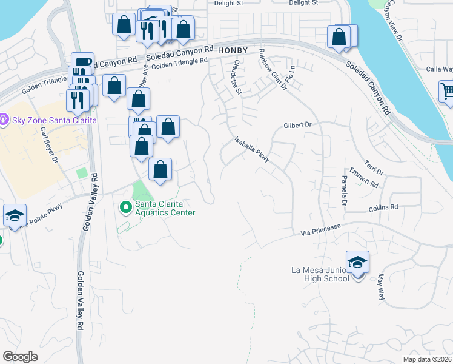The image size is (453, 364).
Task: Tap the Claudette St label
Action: pos(236,77)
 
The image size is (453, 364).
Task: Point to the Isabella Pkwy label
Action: pos(252,149)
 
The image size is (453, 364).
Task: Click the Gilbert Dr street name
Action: pos(297,125)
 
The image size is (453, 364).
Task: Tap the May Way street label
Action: pos(381,286)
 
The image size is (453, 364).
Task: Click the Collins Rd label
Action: pos(383,207)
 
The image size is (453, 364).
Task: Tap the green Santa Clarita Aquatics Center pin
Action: pos(126,208)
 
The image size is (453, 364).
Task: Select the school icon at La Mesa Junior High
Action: pos(357,262)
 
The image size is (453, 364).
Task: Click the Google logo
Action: pos(20,356)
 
